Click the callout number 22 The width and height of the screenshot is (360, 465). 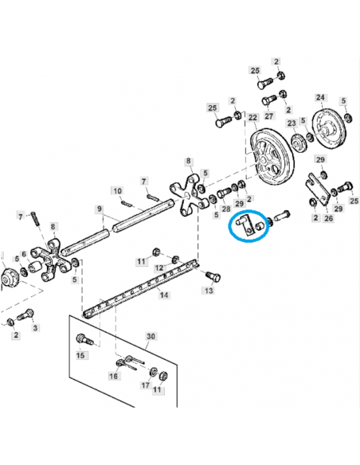coord(252,118)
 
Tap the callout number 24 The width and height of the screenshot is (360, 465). coord(320,98)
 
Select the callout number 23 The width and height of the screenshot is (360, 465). coord(292,123)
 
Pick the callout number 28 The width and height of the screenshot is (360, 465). coord(226,208)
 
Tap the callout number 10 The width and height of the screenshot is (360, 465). coord(117,191)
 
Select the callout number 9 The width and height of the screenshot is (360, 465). coord(100,209)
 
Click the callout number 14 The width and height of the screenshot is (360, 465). coord(164,295)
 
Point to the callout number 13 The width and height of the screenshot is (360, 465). coord(209,291)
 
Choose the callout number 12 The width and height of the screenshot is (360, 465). coord(158,268)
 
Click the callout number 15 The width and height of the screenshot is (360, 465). coord(80,356)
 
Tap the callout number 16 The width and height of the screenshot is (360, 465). coord(113,375)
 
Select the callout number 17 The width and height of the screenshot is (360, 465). coord(146,385)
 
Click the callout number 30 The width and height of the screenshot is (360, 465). coord(151,337)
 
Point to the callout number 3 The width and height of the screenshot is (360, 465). coord(34,327)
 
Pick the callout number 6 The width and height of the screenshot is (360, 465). coord(25,255)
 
